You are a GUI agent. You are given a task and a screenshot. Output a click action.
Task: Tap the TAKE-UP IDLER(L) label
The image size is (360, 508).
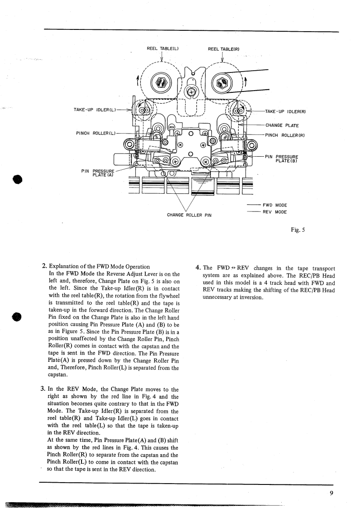click(x=94, y=109)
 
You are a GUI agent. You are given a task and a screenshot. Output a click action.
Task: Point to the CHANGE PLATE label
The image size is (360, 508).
click(x=282, y=125)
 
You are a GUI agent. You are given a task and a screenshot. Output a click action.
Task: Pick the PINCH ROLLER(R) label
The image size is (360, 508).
click(x=284, y=135)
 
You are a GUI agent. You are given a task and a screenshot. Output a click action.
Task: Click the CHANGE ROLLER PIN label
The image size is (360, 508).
click(x=189, y=215)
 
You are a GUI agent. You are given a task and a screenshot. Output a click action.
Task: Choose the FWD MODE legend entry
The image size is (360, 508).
click(x=277, y=205)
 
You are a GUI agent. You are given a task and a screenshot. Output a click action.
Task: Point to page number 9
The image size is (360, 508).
click(x=332, y=493)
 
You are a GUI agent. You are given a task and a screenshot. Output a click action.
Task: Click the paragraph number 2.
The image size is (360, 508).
click(x=44, y=266)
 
